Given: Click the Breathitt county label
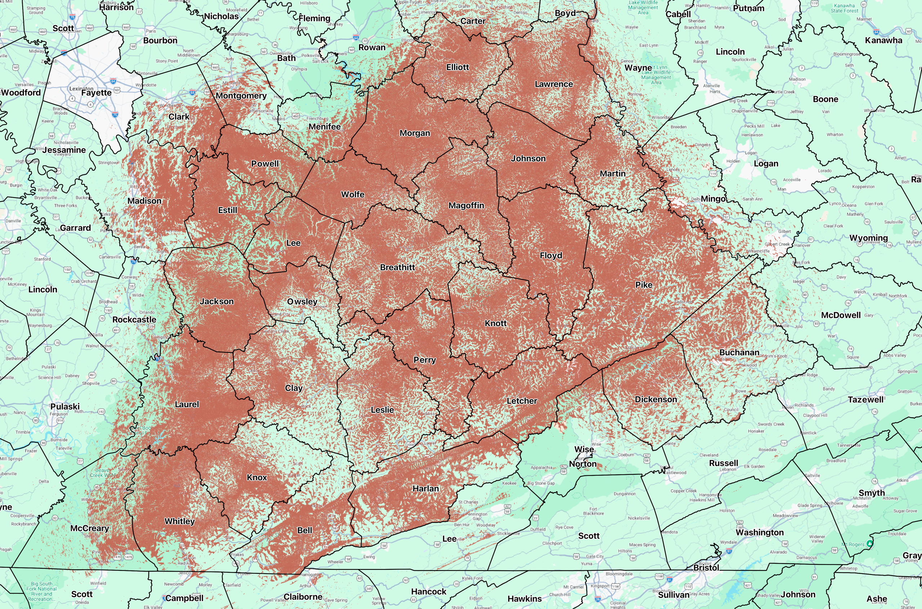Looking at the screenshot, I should (x=397, y=267).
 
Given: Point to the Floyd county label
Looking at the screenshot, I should (x=551, y=255).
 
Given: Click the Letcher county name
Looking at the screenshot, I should (x=522, y=401).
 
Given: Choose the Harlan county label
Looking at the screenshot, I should (x=425, y=488).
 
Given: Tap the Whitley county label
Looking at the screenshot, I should (x=179, y=521).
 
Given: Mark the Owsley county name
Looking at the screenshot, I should (x=302, y=301).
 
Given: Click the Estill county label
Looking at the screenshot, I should (x=227, y=210).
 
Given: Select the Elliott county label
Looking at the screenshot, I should (x=457, y=67).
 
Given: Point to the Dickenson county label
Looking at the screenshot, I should (x=655, y=399).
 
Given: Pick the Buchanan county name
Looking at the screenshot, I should (x=739, y=352).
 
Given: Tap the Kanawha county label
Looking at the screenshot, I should (x=883, y=40).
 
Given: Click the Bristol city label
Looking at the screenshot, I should (x=706, y=568).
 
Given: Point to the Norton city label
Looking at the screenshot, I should (x=582, y=464).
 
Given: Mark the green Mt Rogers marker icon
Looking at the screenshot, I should (x=870, y=543).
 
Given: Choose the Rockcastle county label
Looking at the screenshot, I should (x=134, y=319).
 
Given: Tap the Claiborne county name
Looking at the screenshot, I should (x=303, y=596).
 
